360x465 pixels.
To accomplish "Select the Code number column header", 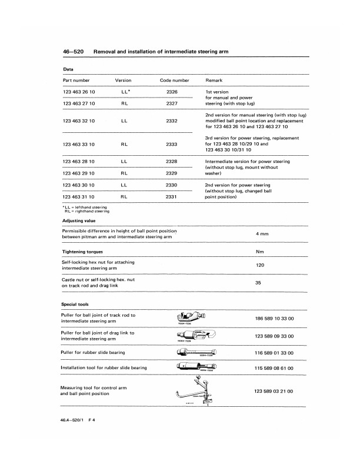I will coord(175,79).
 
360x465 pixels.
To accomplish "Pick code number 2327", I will coord(172,103).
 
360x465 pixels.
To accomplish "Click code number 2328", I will coord(172,160).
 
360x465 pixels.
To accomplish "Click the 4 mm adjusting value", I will coord(262,234).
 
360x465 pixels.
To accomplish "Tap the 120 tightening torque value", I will coord(260,265).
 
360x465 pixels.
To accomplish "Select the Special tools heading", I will coord(75,305).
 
